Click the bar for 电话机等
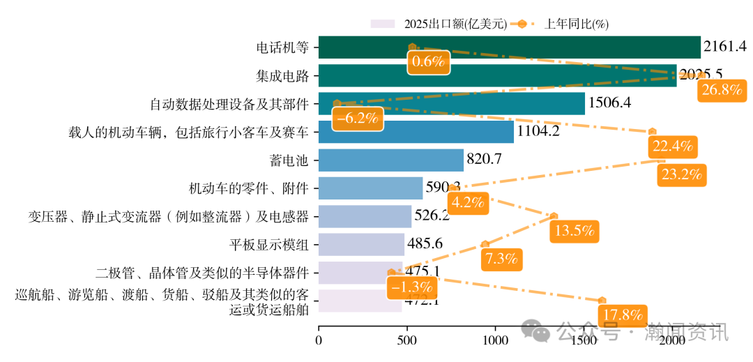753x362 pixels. tap(509, 47)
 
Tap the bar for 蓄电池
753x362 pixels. tap(390, 160)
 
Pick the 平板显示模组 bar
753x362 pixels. tap(361, 244)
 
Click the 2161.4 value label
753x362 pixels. tap(725, 47)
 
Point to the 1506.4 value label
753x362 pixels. tap(610, 103)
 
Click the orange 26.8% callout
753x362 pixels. tap(722, 90)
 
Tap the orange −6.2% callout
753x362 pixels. tap(356, 118)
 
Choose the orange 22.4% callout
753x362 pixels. tap(672, 146)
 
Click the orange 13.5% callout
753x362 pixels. tap(575, 231)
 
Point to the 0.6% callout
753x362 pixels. tap(428, 61)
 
